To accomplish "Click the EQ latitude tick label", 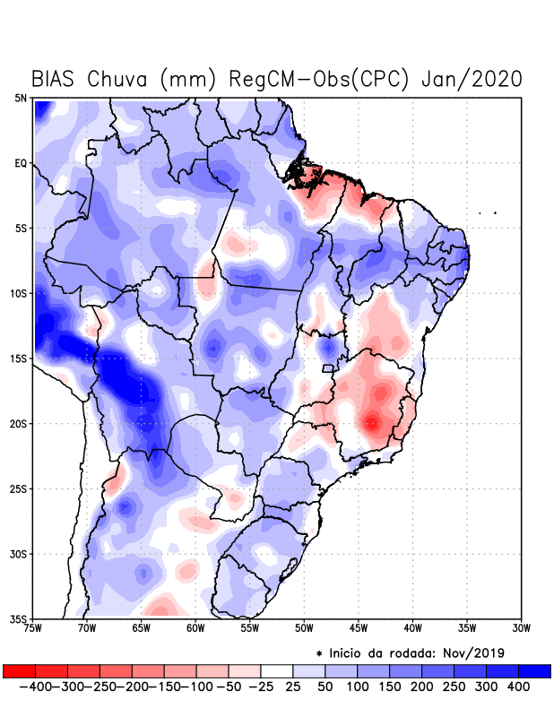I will [21, 163].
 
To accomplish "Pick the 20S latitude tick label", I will [18, 423].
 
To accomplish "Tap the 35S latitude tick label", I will [18, 618].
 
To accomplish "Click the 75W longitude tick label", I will [33, 627].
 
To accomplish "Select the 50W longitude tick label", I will [304, 627].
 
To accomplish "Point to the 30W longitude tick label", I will [521, 627].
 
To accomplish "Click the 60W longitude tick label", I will [195, 627].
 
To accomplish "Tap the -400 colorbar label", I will [34, 687].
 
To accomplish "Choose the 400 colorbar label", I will [519, 687].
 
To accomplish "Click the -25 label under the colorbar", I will [260, 687].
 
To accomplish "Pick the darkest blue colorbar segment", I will [535, 671].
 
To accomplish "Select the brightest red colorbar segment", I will [19, 671].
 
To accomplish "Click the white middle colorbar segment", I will [277, 671].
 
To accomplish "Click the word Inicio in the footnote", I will [351, 652].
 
